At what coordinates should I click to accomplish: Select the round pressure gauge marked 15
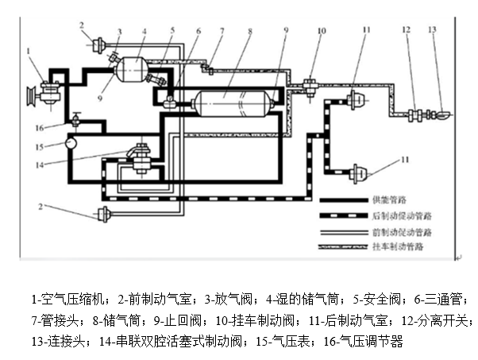(x=71, y=144)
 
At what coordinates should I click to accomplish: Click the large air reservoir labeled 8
(x=230, y=104)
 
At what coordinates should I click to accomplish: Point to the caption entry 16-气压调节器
(x=372, y=342)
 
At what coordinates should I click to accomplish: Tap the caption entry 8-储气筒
(x=102, y=321)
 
